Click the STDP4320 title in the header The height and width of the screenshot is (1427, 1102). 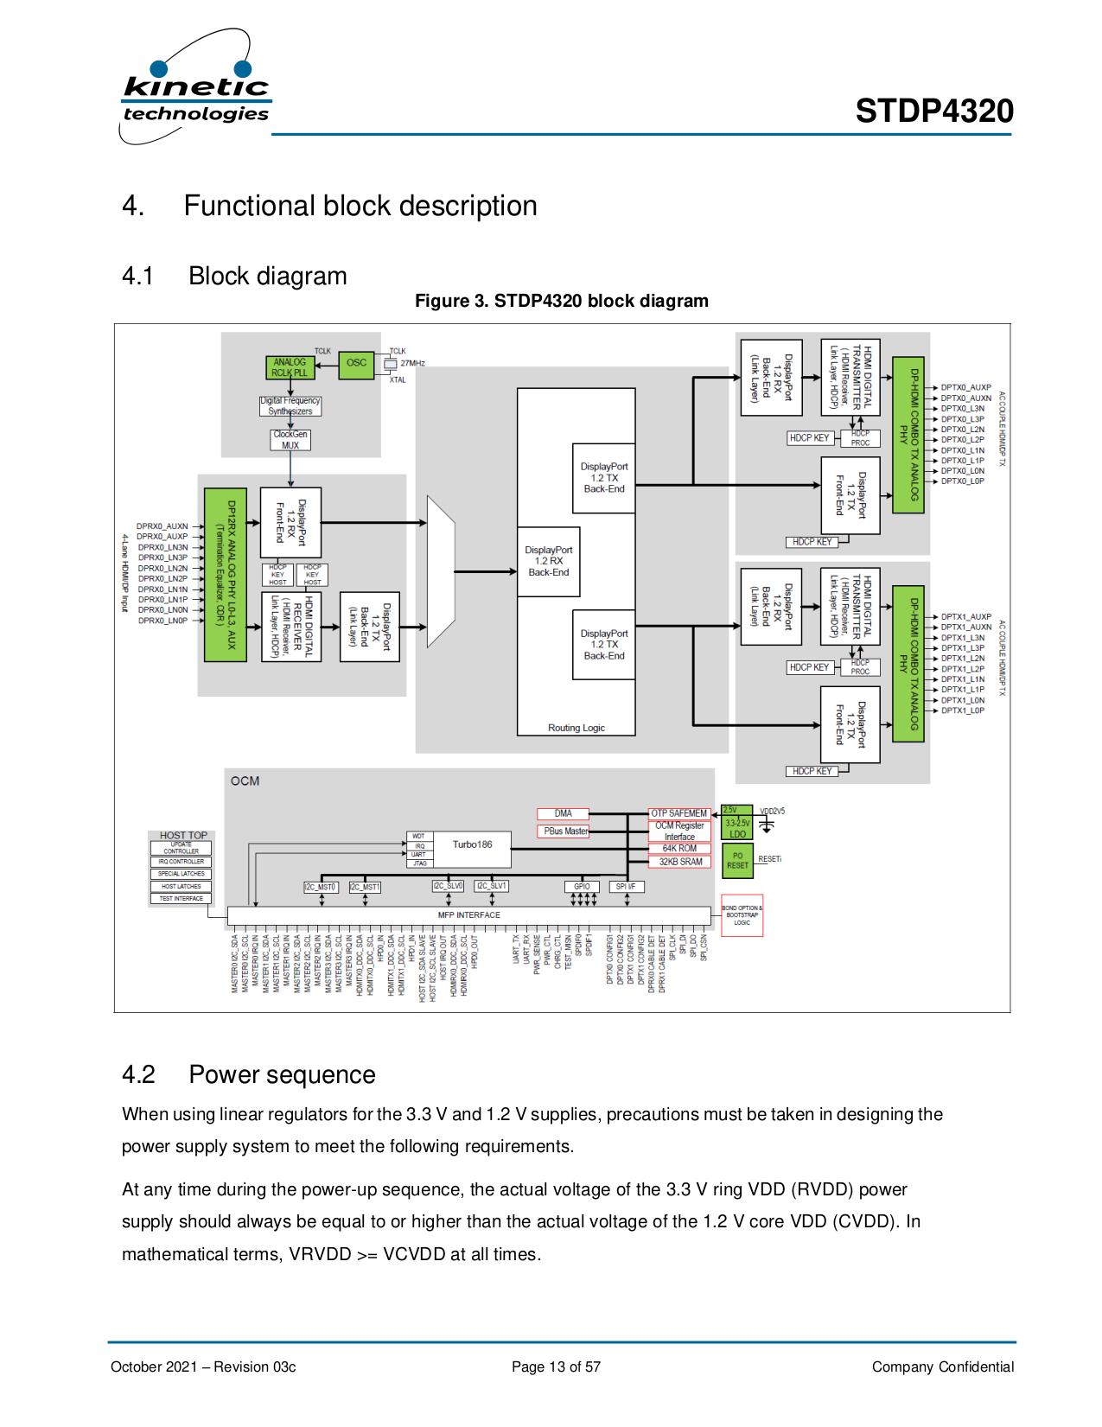click(x=934, y=111)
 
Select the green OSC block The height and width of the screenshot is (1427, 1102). click(x=356, y=364)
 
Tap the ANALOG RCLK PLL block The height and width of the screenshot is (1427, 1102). click(x=290, y=367)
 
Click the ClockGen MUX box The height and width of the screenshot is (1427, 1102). click(x=290, y=440)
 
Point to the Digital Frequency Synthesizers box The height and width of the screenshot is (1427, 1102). click(x=290, y=406)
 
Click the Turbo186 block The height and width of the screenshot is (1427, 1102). click(x=472, y=844)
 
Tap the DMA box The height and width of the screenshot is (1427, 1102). click(x=564, y=813)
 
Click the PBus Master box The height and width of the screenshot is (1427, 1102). click(x=564, y=831)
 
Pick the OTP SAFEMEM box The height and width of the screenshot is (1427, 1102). click(x=679, y=813)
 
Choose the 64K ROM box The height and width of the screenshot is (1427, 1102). click(x=679, y=849)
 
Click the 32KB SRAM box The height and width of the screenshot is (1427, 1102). click(x=680, y=862)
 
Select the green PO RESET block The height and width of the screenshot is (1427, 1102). click(x=737, y=860)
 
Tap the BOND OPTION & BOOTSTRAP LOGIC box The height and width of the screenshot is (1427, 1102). click(x=742, y=915)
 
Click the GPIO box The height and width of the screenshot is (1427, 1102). click(x=582, y=886)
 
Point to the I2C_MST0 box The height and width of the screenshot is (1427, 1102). click(x=321, y=886)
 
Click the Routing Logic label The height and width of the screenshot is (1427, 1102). click(x=576, y=728)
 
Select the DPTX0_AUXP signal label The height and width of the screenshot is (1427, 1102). click(x=966, y=387)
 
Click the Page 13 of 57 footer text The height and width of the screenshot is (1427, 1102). click(x=556, y=1366)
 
